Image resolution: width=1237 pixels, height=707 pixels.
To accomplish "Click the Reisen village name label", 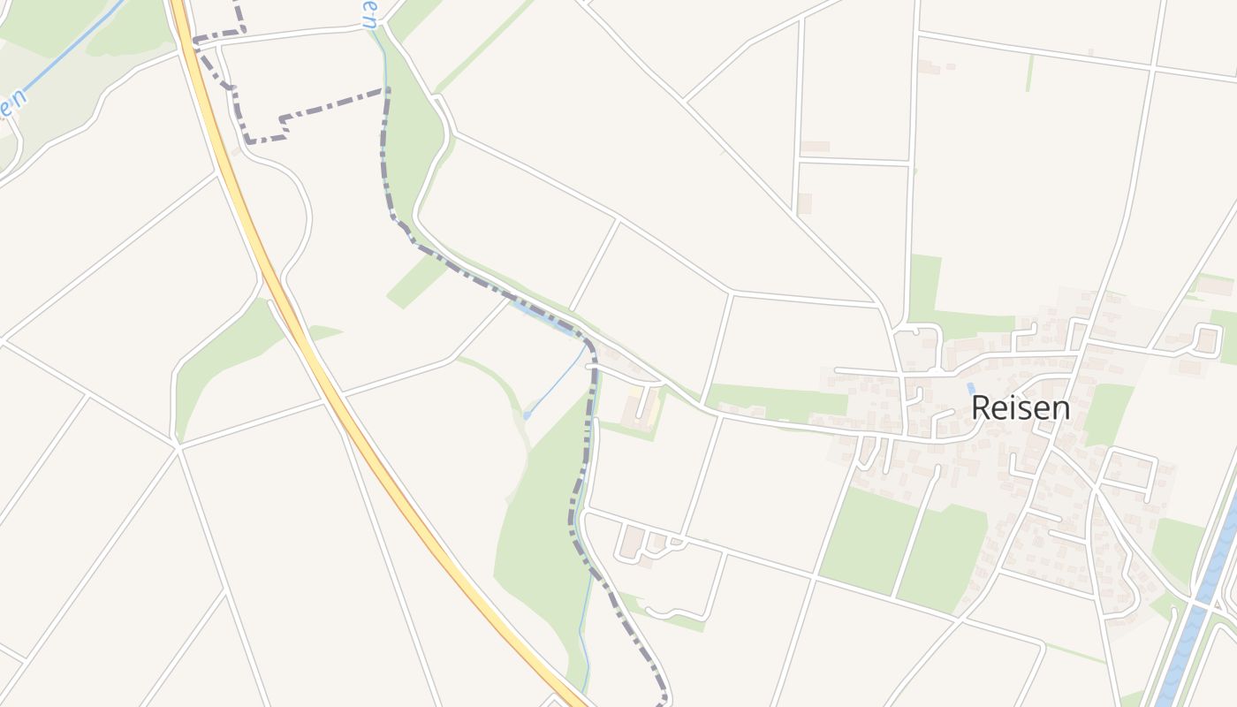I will click(x=1021, y=407).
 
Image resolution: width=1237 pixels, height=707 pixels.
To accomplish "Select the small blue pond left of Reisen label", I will click(x=971, y=388).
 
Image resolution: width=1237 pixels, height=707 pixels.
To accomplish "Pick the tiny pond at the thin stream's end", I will click(x=527, y=414).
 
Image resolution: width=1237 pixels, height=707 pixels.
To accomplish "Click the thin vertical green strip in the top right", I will click(x=1029, y=72).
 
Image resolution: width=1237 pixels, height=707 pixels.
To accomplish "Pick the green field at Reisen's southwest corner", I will click(x=870, y=539).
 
